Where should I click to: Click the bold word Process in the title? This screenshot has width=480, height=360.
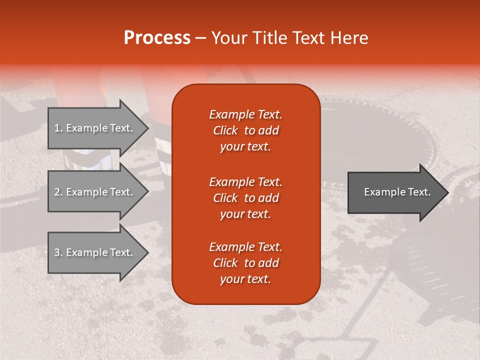[x=157, y=38]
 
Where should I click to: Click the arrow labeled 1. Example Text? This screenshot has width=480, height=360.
[x=95, y=128]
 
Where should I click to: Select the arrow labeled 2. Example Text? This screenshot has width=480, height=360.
[x=95, y=192]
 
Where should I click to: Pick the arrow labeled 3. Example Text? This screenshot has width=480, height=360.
[x=95, y=252]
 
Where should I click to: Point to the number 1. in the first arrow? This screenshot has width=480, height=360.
[x=58, y=128]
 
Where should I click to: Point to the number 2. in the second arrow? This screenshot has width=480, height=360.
[x=58, y=192]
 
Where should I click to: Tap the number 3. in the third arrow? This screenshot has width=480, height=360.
[x=58, y=252]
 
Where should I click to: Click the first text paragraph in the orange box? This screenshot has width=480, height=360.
[x=245, y=130]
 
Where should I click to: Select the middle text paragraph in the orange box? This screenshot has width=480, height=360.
[x=245, y=198]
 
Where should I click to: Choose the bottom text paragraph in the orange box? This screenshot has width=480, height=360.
[x=245, y=263]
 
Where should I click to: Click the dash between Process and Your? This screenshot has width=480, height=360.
[x=200, y=38]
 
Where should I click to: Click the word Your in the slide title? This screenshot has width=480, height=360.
[x=229, y=38]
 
